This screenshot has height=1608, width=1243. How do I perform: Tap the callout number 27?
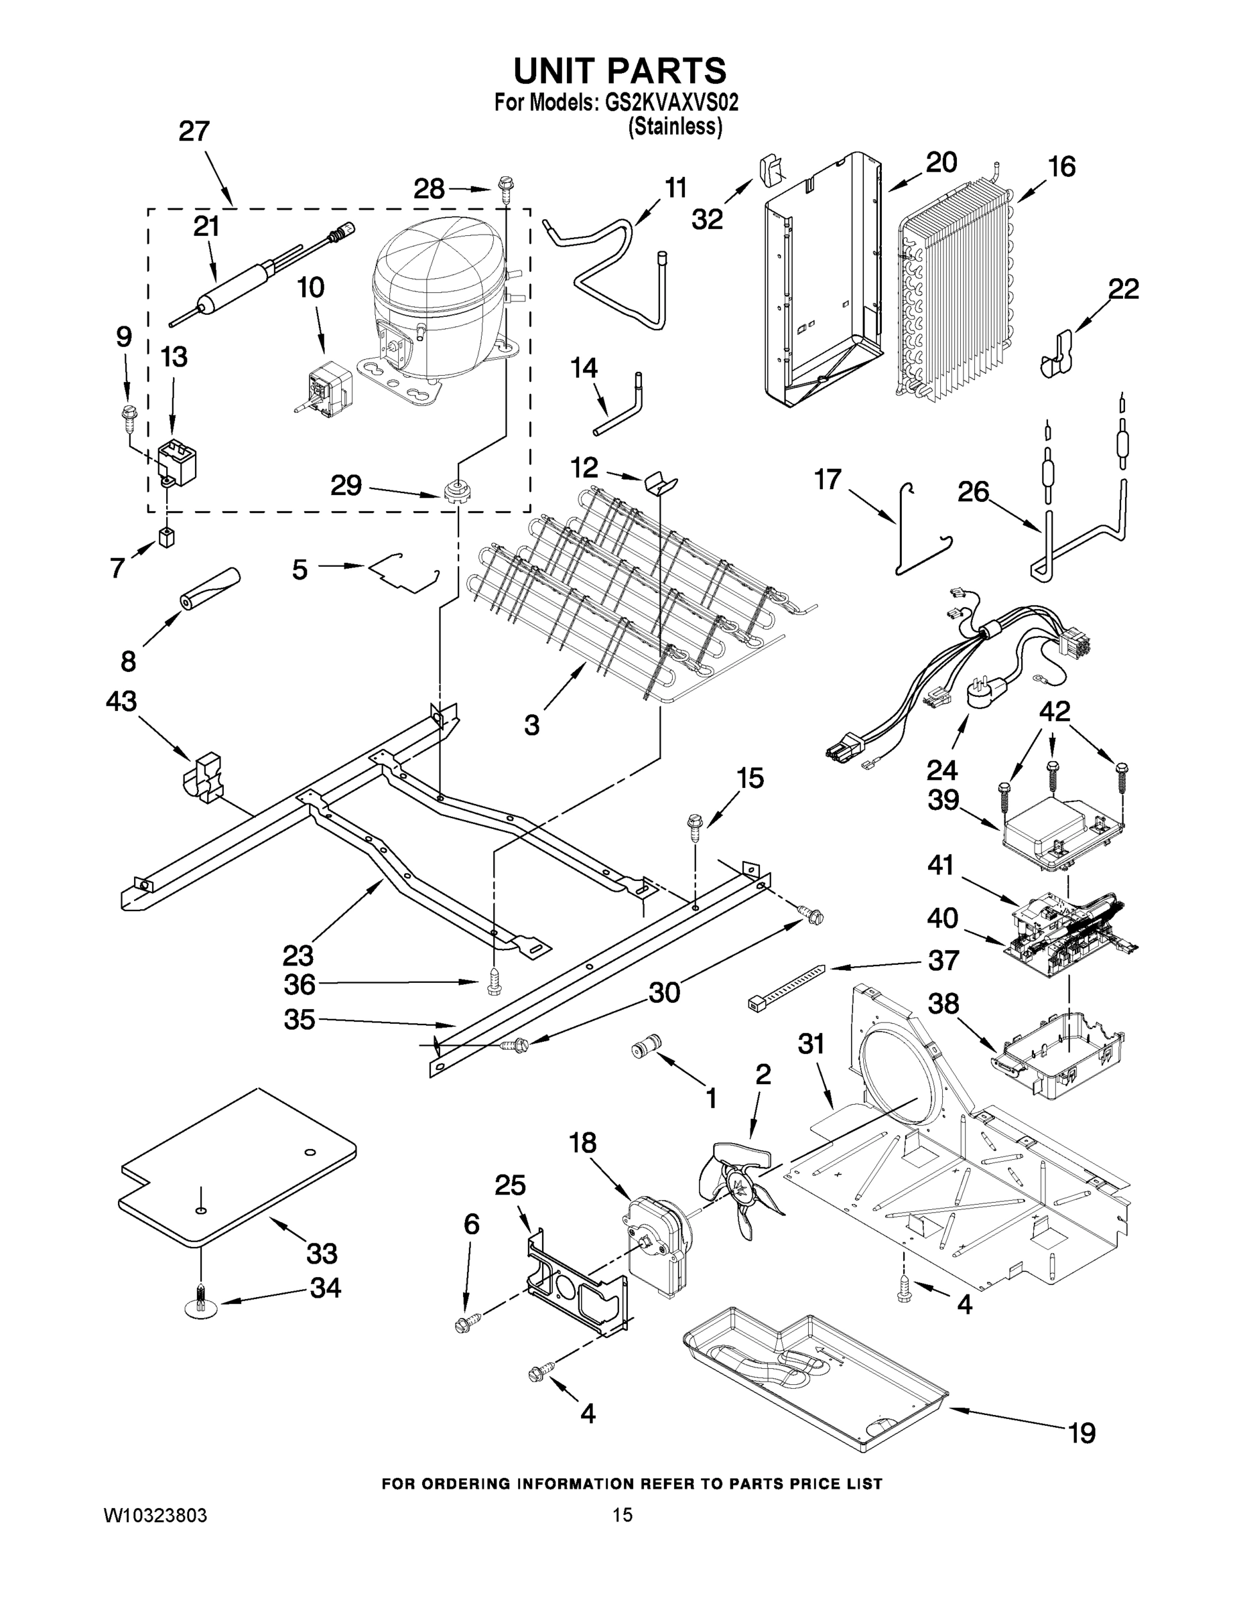pyautogui.click(x=194, y=132)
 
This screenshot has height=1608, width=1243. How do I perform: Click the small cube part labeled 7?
pyautogui.click(x=167, y=537)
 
